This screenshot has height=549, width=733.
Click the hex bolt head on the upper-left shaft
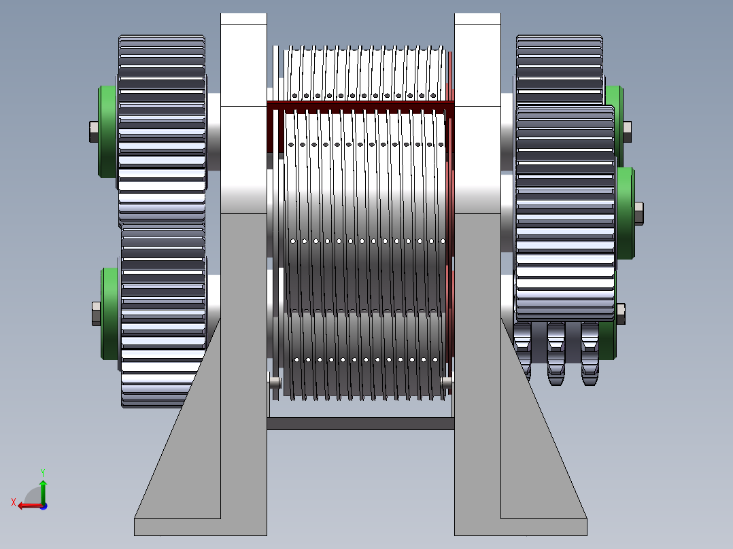click(94, 132)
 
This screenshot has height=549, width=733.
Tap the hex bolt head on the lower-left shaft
click(97, 313)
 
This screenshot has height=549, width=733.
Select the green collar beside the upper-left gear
click(108, 132)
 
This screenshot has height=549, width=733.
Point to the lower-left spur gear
click(163, 315)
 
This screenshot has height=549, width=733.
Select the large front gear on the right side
click(565, 213)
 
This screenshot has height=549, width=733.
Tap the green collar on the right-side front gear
click(626, 213)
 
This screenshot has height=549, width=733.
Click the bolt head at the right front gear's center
click(639, 213)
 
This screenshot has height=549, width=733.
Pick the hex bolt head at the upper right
click(628, 132)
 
